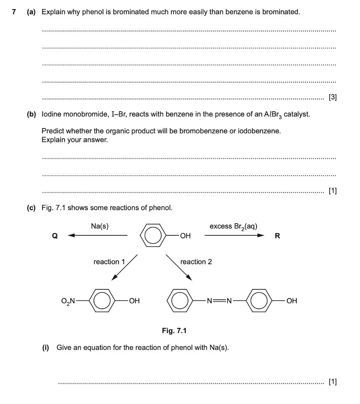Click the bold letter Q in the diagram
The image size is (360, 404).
point(54,236)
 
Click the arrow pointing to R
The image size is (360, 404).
point(234,236)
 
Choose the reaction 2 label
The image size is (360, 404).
point(196,262)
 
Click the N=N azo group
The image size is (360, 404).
point(219,300)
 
